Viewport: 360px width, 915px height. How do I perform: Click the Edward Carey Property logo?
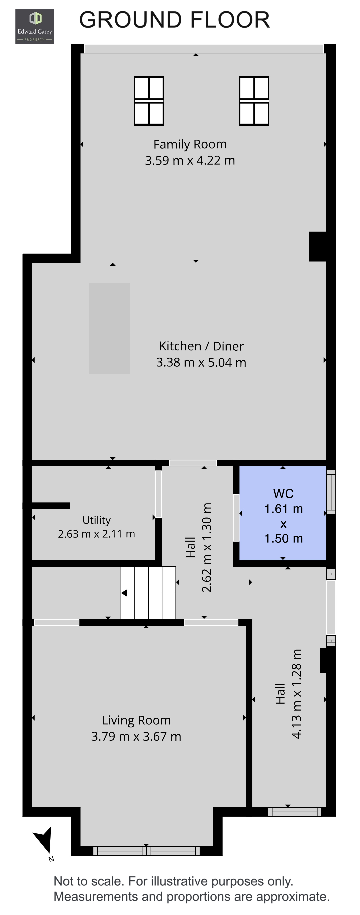34,27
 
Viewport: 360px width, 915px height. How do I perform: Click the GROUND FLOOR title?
174,20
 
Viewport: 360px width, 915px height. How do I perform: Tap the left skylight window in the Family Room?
149,101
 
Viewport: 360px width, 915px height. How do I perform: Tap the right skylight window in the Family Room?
254,101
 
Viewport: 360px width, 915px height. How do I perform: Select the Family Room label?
190,144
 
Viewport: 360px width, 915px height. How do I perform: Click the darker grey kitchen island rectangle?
109,328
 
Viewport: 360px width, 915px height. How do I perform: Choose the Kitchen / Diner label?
201,346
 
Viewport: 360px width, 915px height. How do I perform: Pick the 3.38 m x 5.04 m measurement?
201,362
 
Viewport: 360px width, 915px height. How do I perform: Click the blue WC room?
283,513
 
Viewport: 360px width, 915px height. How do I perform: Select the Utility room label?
96,520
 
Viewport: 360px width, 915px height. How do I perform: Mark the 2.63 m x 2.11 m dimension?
96,534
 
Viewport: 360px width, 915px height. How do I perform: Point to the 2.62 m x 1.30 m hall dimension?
207,547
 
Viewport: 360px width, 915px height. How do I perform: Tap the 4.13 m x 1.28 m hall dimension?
296,694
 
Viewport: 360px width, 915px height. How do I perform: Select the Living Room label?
136,720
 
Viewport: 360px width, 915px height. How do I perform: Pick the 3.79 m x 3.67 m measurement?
136,736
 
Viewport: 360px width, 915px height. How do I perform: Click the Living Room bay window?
146,851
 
